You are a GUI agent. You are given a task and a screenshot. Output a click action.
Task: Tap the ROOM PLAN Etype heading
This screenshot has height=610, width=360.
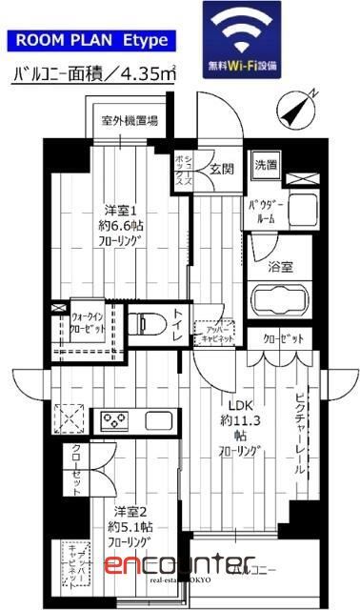90,40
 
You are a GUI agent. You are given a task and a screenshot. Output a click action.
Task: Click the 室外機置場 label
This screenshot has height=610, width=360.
130,120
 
